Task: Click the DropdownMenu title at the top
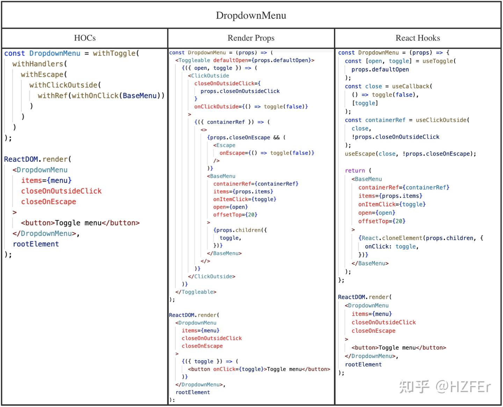coord(251,15)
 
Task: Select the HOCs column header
coord(85,38)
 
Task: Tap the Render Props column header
coord(251,38)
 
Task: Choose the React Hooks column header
coord(417,38)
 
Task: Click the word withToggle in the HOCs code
coord(114,53)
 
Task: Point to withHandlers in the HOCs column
coord(38,64)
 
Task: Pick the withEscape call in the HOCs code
coord(42,74)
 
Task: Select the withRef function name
coord(52,96)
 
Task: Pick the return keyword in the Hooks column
coord(355,171)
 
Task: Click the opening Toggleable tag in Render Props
coord(194,60)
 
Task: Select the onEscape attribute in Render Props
coord(233,153)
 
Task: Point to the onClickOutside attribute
coord(218,107)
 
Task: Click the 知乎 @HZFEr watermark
coord(445,387)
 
